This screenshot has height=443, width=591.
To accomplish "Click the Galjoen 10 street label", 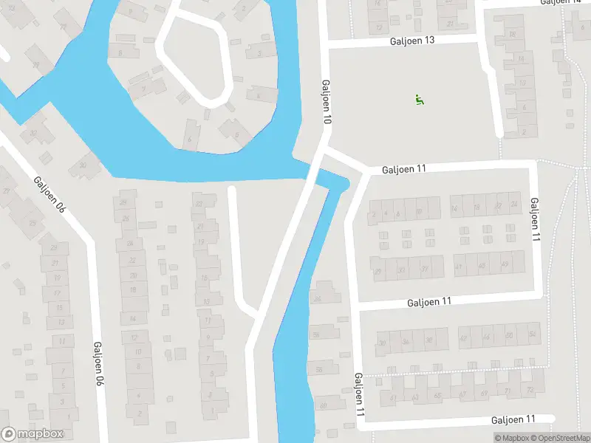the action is tap(327, 102).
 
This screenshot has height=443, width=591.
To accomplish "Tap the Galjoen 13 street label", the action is tap(412, 41).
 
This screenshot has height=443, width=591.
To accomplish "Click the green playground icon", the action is tap(420, 100).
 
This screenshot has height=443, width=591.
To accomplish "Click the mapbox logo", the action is tap(33, 434).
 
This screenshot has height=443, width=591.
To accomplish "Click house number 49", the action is tap(505, 265).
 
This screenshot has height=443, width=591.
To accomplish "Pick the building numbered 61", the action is tap(394, 398).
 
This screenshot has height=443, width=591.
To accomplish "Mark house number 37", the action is tap(425, 269).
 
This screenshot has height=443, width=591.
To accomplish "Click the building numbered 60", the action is tap(324, 405).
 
